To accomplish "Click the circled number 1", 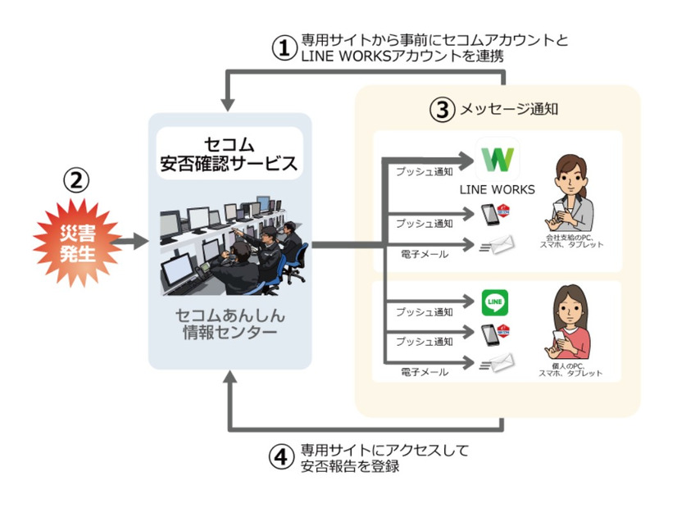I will click(282, 48).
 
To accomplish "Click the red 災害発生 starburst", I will click(75, 241).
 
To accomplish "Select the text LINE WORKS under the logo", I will click(498, 190).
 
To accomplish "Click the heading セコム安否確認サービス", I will click(228, 152).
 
